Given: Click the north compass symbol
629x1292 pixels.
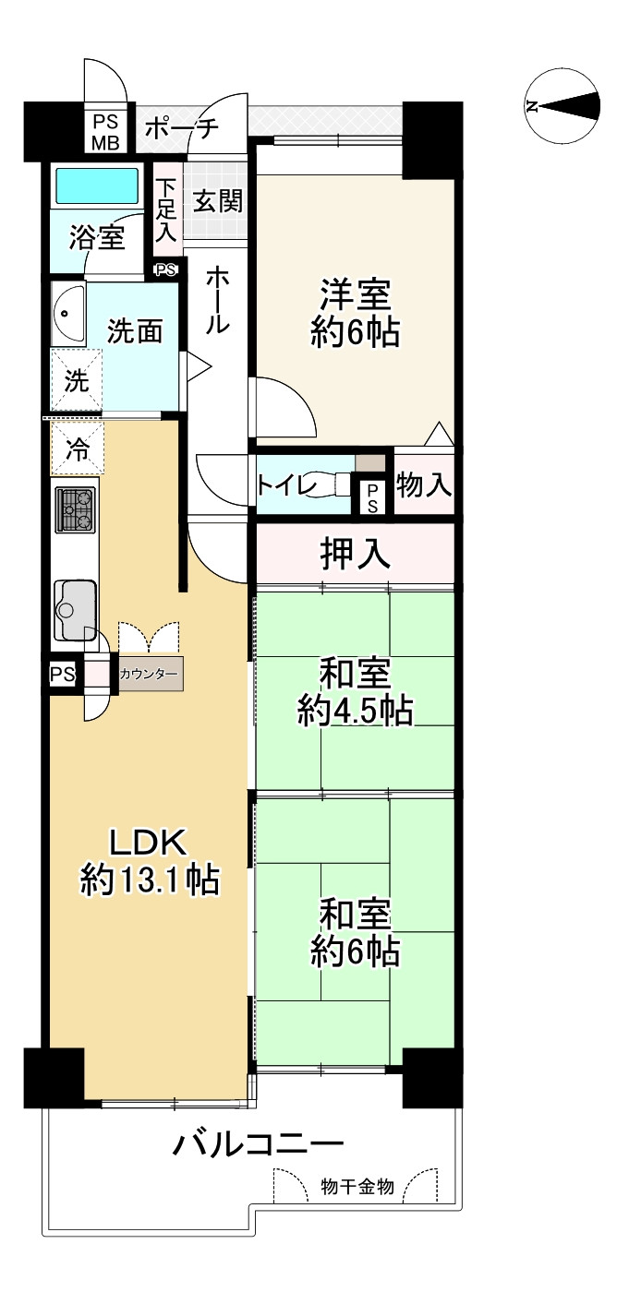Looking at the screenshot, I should pyautogui.click(x=562, y=106).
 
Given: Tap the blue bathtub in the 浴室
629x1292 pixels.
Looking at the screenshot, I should pyautogui.click(x=97, y=185).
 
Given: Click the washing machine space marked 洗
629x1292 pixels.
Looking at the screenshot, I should pyautogui.click(x=76, y=380).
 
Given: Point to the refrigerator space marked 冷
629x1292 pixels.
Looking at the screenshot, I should pyautogui.click(x=78, y=450).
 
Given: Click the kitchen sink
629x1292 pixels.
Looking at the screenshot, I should pyautogui.click(x=74, y=608).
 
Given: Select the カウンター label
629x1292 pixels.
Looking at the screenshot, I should pyautogui.click(x=149, y=675).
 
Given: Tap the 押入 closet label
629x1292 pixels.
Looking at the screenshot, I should pyautogui.click(x=355, y=554).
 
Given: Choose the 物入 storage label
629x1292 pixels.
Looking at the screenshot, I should pyautogui.click(x=424, y=484).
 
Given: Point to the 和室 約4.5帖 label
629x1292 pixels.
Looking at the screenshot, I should pyautogui.click(x=355, y=692).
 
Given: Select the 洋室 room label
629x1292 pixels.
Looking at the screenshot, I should pyautogui.click(x=356, y=314).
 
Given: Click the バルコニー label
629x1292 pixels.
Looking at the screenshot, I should pyautogui.click(x=259, y=1146).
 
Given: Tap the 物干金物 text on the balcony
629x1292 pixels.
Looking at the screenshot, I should pyautogui.click(x=357, y=1187).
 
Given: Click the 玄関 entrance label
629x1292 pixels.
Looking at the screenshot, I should pyautogui.click(x=217, y=200).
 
